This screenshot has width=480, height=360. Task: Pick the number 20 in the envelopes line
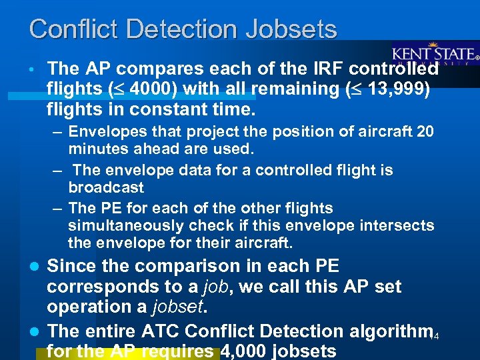(x=425, y=131)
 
